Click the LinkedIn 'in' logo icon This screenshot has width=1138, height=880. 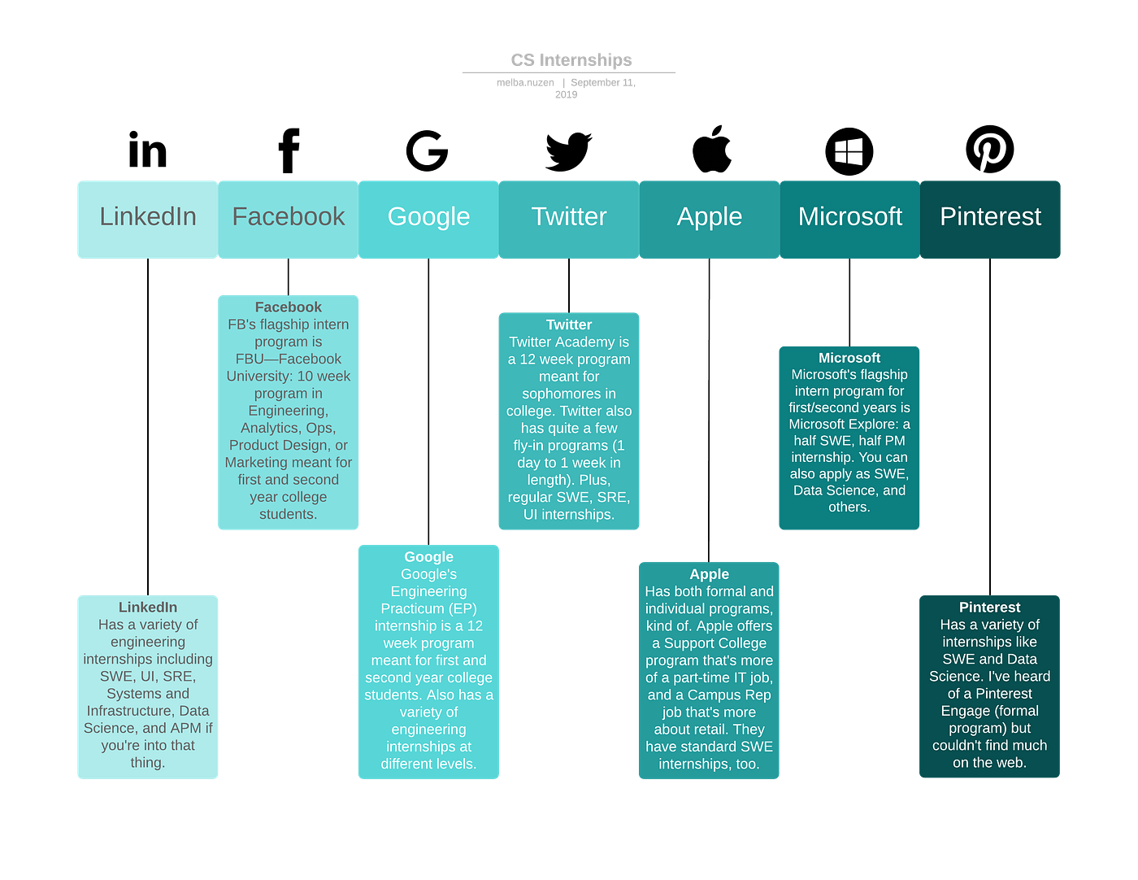[147, 150]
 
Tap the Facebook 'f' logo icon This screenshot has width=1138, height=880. [288, 150]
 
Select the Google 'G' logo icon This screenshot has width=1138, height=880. [427, 150]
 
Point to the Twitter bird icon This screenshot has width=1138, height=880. [568, 151]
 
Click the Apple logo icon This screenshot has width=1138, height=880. [711, 149]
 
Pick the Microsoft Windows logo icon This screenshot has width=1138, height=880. [849, 151]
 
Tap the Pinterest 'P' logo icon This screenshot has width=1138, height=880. [989, 150]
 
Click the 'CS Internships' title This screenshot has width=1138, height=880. [571, 59]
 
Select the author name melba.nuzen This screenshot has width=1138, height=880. [525, 82]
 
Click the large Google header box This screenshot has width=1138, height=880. [428, 220]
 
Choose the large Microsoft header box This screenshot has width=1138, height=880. [849, 220]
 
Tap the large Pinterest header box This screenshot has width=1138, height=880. [989, 220]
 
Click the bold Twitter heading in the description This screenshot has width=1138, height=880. [569, 325]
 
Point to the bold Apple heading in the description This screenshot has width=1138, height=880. [709, 573]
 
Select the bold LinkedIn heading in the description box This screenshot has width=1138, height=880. [148, 607]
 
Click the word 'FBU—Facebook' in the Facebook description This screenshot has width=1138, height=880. [288, 359]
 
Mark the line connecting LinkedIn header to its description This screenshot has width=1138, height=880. [148, 426]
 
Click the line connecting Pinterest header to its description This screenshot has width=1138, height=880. [989, 426]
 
